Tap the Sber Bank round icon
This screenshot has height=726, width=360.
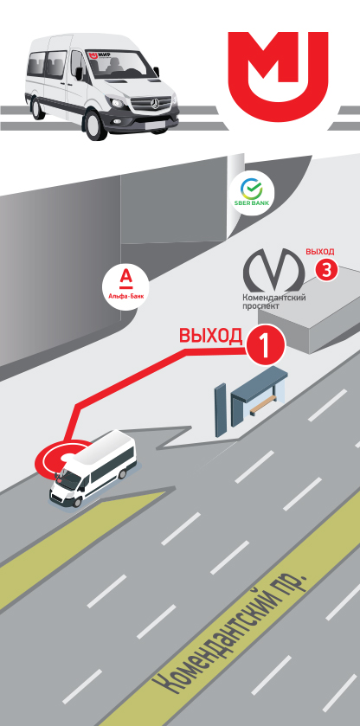coord(252,195)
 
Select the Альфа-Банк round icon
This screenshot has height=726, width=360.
coord(125,283)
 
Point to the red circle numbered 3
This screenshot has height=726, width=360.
coord(326,271)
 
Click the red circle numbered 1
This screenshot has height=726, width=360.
coord(265,347)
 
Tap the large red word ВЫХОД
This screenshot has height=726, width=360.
coord(211,336)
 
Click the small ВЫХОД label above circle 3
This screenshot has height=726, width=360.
coord(319,252)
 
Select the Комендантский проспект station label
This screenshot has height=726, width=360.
coord(273,302)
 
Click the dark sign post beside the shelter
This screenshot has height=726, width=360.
coord(220,410)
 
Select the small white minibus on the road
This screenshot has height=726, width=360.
coord(93,467)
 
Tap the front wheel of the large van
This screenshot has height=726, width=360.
coord(97,125)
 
